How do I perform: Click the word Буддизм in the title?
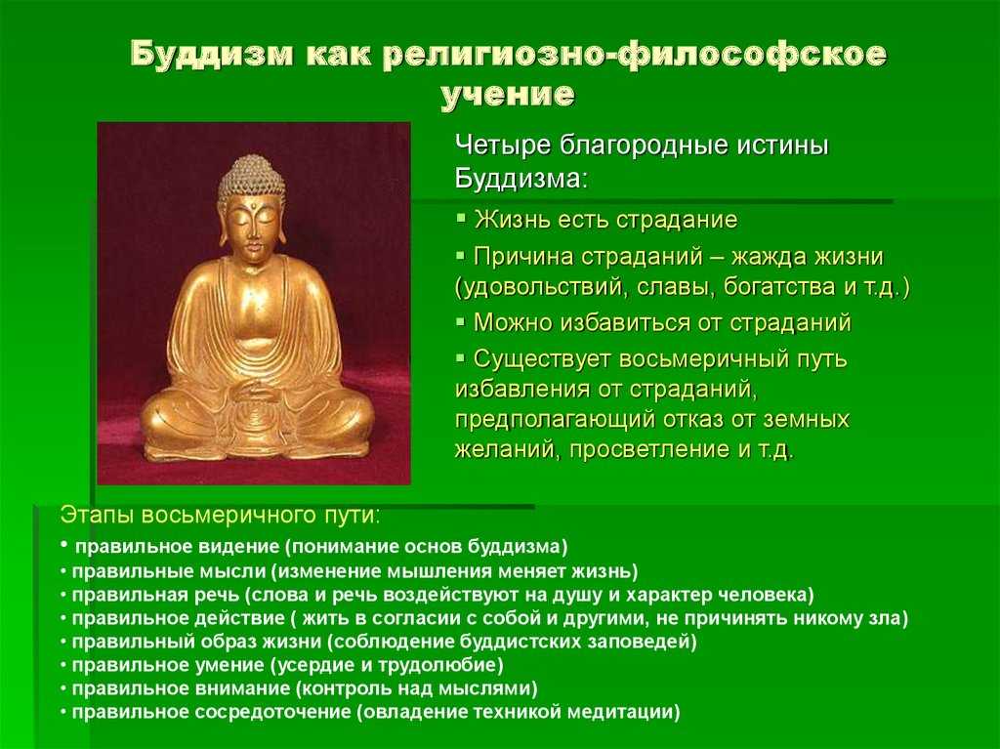click(212, 54)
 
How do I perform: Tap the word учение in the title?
click(508, 95)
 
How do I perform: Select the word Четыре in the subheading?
click(503, 146)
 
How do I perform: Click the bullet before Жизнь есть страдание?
click(461, 218)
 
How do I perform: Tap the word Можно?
click(513, 323)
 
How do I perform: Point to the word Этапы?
click(97, 515)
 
